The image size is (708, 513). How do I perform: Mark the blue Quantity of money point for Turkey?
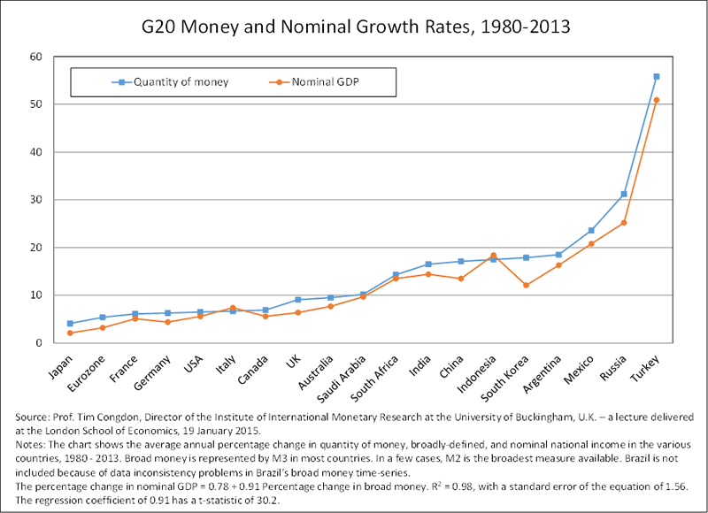(656, 77)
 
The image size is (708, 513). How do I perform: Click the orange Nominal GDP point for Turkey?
(656, 100)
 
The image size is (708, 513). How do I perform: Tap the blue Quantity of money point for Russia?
(624, 194)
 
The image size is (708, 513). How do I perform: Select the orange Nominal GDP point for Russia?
(624, 223)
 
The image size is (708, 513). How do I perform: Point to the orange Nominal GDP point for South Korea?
(527, 285)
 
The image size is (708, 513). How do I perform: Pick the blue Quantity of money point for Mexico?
(591, 231)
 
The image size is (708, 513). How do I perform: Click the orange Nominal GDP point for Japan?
(70, 333)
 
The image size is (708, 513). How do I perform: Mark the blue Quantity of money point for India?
(428, 264)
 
